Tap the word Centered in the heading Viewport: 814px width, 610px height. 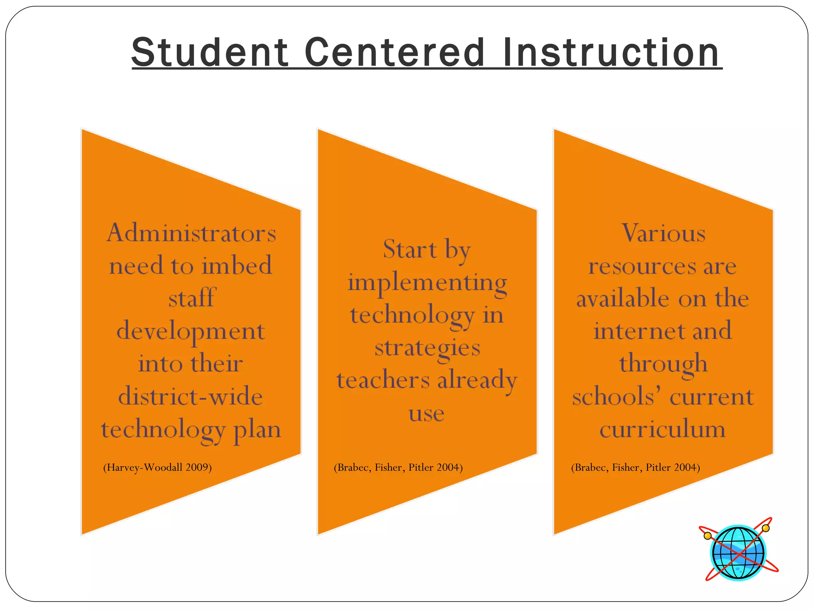pyautogui.click(x=394, y=53)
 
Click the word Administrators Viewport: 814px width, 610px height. pyautogui.click(x=191, y=233)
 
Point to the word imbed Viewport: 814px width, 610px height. pyautogui.click(x=237, y=266)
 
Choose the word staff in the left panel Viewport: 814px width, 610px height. pyautogui.click(x=191, y=298)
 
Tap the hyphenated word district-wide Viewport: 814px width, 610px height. pyautogui.click(x=191, y=397)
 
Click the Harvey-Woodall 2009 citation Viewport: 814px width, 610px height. pyautogui.click(x=157, y=467)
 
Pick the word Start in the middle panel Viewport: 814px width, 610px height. pyautogui.click(x=410, y=249)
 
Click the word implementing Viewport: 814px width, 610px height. pyautogui.click(x=427, y=283)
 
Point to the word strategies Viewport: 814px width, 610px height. pyautogui.click(x=427, y=348)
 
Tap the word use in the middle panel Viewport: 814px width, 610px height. pyautogui.click(x=426, y=414)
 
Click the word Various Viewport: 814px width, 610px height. pyautogui.click(x=663, y=233)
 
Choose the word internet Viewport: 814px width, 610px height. pyautogui.click(x=639, y=331)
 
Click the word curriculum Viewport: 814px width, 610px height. pyautogui.click(x=663, y=429)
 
